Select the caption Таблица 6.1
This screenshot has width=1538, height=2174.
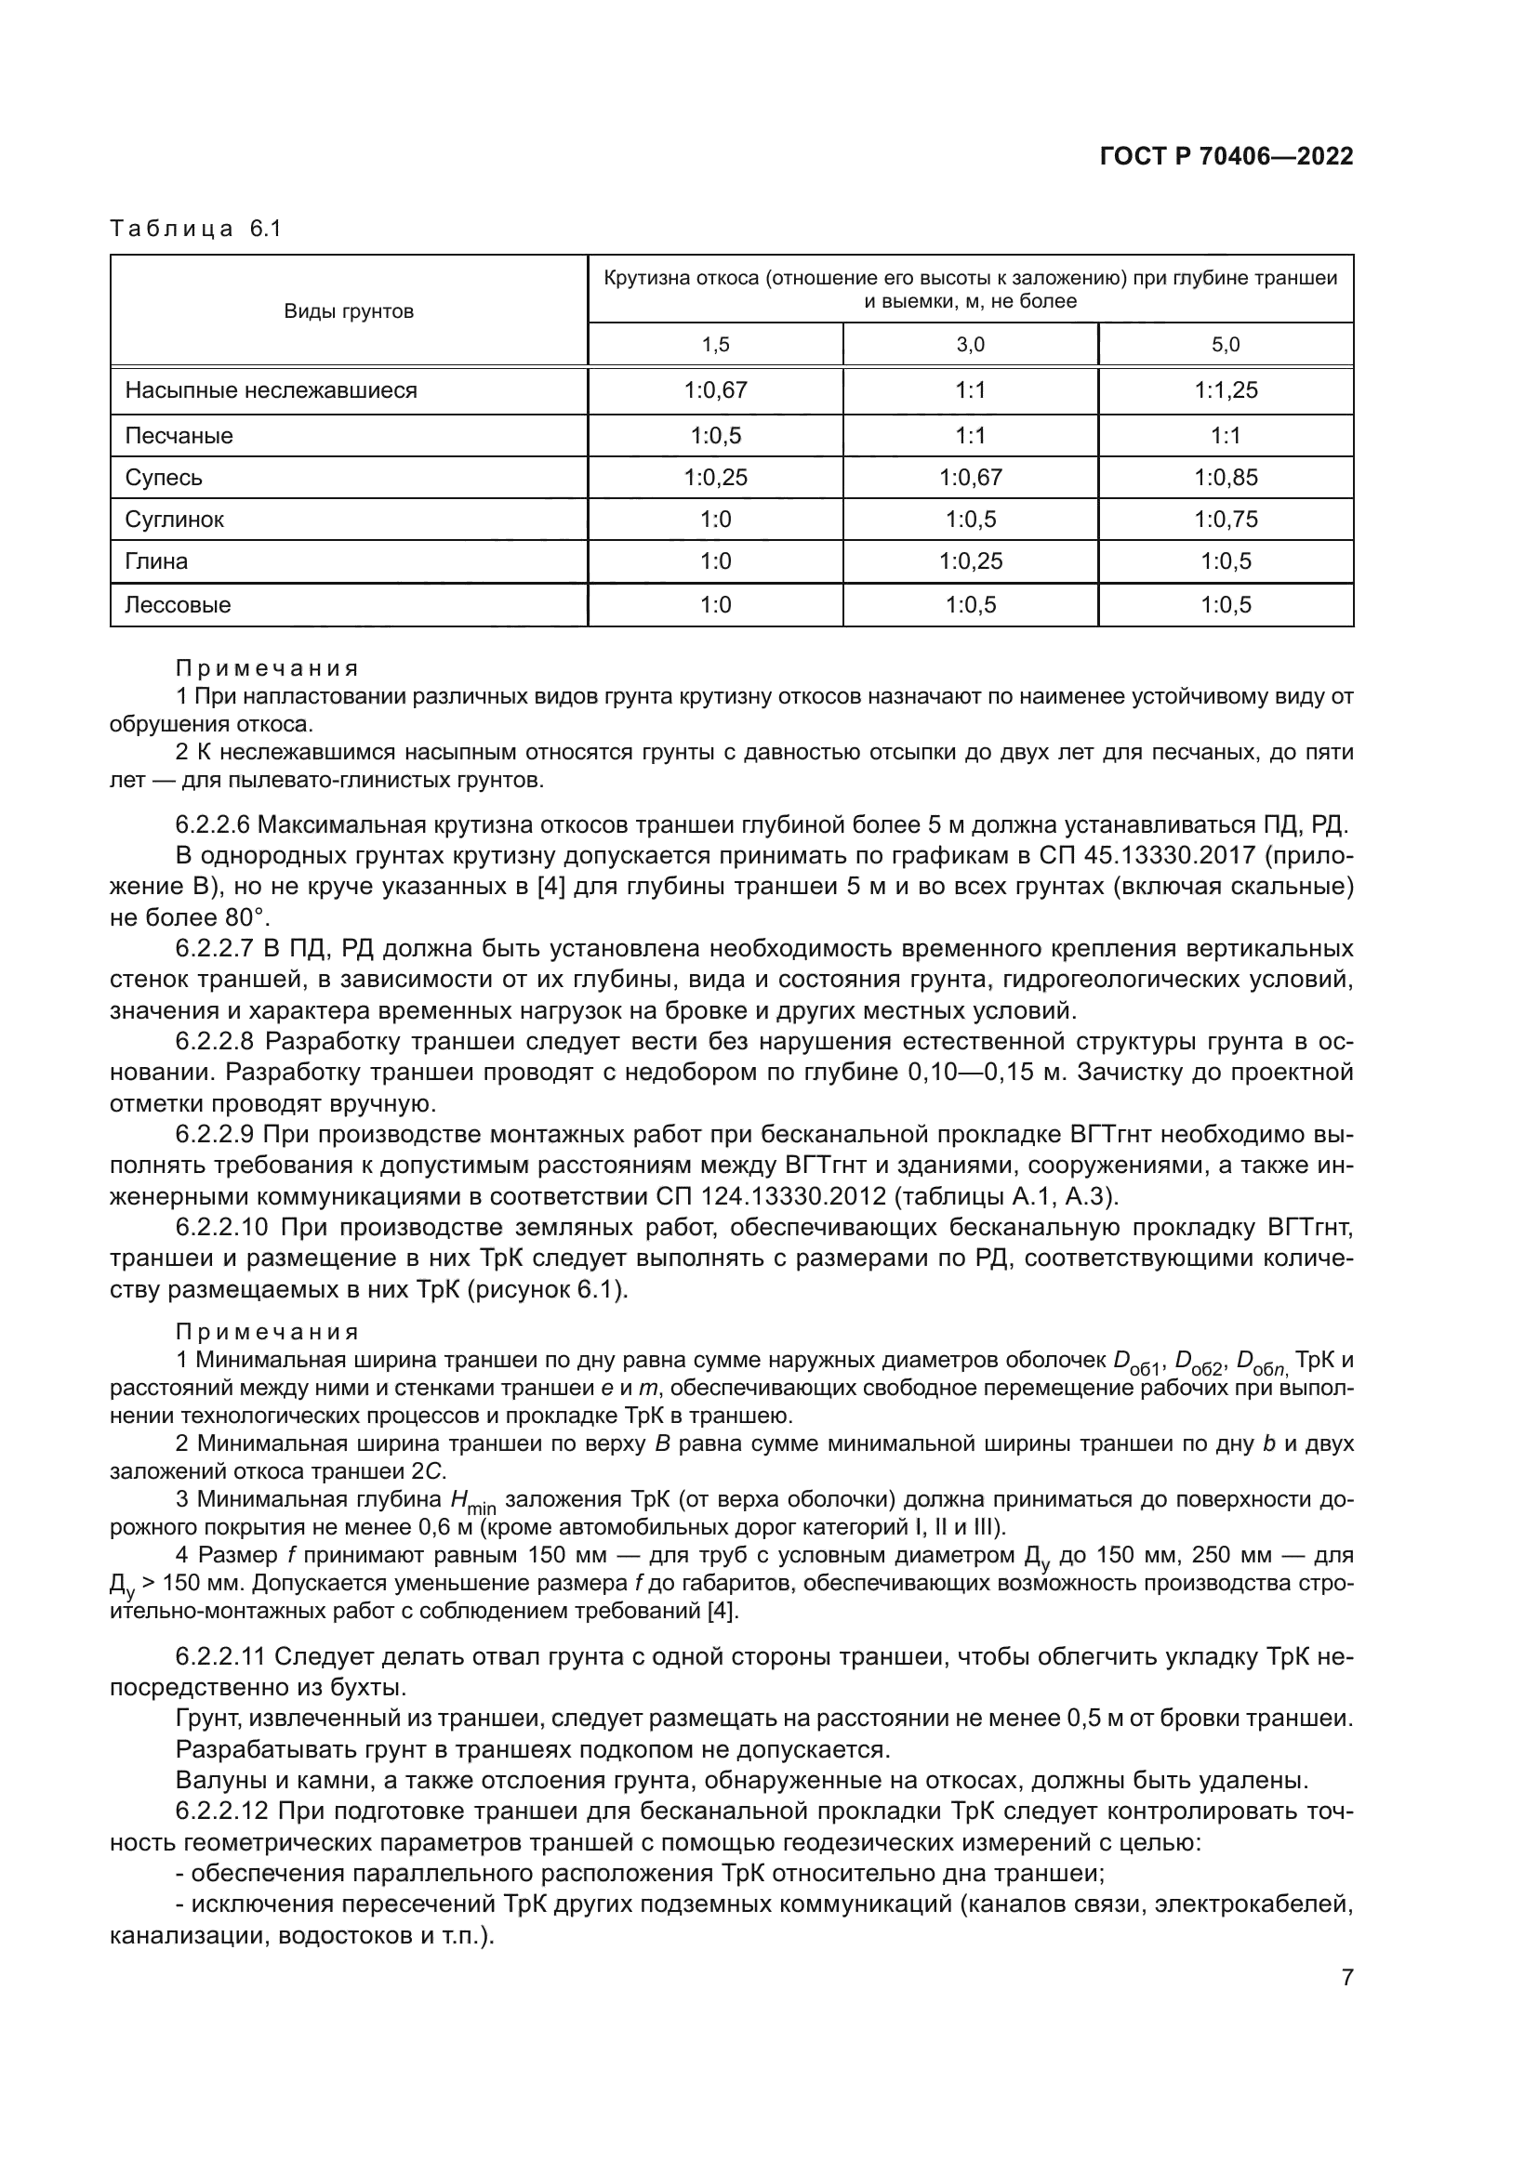point(196,230)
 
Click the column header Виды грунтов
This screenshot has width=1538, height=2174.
point(349,311)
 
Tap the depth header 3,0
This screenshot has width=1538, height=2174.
point(970,345)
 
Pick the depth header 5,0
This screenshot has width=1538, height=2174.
point(1226,345)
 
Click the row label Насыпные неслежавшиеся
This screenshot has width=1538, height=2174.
point(271,390)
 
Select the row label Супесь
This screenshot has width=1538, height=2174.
point(164,477)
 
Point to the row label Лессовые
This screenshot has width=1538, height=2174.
point(178,605)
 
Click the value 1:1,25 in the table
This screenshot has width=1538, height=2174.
point(1226,390)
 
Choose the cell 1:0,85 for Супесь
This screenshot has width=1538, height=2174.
point(1226,477)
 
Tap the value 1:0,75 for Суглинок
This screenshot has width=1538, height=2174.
point(1226,519)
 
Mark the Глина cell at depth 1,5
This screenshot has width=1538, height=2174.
point(715,561)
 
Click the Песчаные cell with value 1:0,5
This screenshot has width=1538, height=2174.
point(715,436)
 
